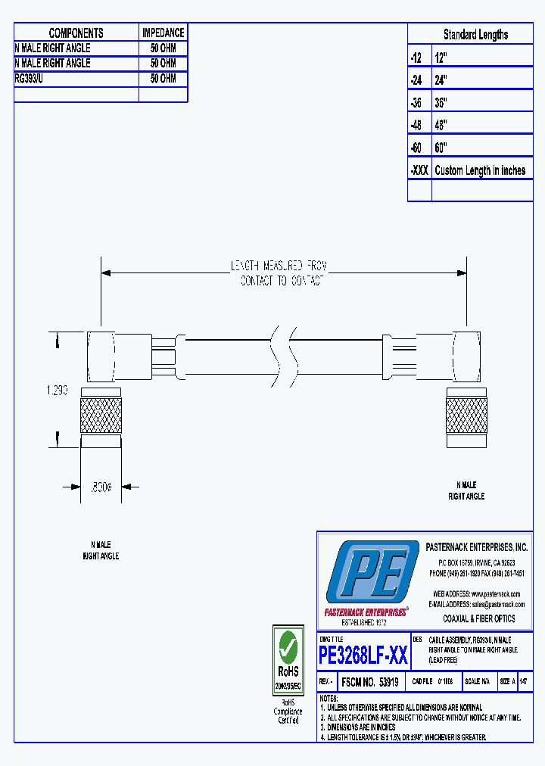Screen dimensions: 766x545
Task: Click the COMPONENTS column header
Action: click(x=76, y=33)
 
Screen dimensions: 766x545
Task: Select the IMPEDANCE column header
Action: click(x=163, y=33)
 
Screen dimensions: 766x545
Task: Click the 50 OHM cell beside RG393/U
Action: click(x=163, y=79)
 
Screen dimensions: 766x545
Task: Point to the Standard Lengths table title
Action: click(x=475, y=34)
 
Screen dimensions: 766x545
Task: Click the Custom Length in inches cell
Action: click(x=480, y=170)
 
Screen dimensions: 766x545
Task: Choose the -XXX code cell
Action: click(x=419, y=170)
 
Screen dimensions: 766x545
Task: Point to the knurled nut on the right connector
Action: click(x=466, y=416)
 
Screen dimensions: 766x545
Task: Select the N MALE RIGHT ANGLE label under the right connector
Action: click(x=466, y=490)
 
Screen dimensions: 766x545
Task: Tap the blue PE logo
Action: click(x=371, y=573)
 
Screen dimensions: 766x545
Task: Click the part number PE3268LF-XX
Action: click(x=363, y=654)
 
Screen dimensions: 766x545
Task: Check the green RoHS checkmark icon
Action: click(x=288, y=646)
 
